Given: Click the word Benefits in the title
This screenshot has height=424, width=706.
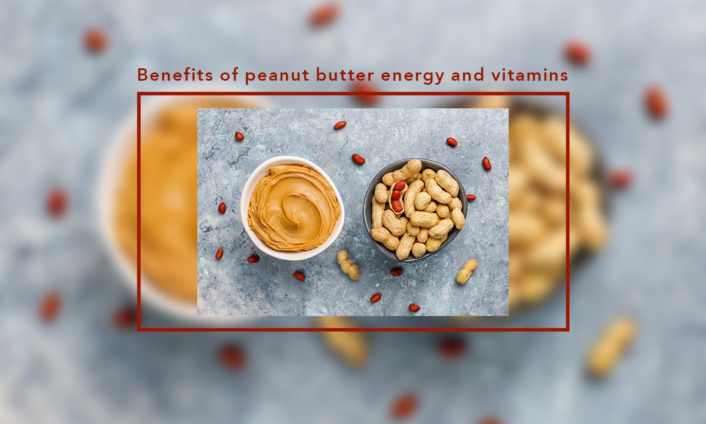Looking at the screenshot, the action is (175, 75).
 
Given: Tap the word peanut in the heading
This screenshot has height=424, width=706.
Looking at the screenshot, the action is (277, 77).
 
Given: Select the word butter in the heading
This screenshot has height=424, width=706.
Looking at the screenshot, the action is (345, 75).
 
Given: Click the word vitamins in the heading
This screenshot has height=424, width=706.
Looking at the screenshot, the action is (529, 75).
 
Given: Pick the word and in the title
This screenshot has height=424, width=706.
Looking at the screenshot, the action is (467, 75).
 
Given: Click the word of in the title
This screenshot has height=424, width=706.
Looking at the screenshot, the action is (229, 75).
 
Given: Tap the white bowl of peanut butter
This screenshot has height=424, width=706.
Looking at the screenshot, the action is (292, 208).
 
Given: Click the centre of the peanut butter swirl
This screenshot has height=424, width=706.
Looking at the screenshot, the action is (292, 210).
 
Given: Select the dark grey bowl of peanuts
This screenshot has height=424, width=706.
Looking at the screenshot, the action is (415, 210).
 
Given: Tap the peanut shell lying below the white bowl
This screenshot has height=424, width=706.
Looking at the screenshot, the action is (348, 265).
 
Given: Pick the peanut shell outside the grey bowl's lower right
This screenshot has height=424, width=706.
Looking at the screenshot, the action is (467, 271).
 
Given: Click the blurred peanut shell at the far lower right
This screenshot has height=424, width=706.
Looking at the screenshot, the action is (611, 346).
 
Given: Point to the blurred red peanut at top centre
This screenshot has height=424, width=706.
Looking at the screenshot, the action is (324, 15).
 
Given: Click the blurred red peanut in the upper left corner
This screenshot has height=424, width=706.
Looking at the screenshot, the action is (95, 40).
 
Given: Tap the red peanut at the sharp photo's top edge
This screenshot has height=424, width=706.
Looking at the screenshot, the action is (340, 125).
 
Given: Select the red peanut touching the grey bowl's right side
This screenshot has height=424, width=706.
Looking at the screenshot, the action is (471, 198).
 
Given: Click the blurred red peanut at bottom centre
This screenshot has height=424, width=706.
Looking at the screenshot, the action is (404, 406).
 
